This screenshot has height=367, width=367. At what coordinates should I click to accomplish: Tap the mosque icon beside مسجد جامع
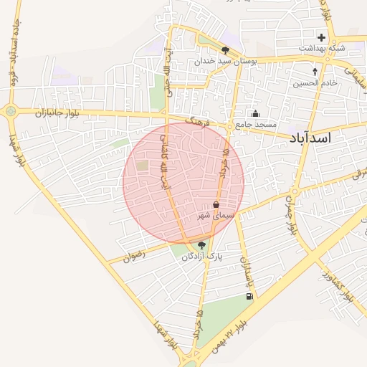(x=256, y=113)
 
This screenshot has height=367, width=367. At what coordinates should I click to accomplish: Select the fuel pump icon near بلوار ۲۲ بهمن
(x=249, y=296)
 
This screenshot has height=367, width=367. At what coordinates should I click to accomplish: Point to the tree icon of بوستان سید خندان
(x=226, y=50)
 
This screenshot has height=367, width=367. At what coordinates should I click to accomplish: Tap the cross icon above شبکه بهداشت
(x=321, y=37)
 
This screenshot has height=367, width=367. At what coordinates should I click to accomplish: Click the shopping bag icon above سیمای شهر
(x=216, y=204)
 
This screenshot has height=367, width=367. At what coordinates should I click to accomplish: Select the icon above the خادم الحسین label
(x=315, y=72)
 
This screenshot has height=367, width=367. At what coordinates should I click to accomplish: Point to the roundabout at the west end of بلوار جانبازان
(x=11, y=111)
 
